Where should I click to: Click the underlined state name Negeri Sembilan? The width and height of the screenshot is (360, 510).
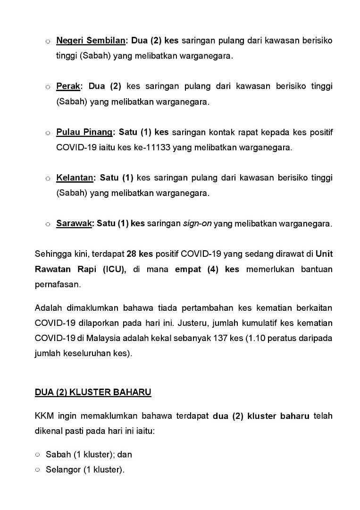pos(91,41)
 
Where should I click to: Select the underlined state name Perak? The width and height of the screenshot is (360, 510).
pos(68,86)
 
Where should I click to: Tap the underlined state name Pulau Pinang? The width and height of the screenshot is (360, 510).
pos(84,132)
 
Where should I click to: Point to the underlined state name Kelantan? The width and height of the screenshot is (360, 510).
pos(75,178)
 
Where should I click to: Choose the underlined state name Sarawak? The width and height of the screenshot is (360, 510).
pos(74,224)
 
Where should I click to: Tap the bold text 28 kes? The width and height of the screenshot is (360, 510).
pos(140,254)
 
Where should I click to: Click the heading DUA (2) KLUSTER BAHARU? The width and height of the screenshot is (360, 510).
pos(93,392)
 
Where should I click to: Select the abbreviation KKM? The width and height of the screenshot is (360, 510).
pos(44,416)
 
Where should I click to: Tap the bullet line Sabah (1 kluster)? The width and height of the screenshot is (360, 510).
pos(89,455)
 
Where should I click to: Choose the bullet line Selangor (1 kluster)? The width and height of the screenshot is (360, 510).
pos(85,470)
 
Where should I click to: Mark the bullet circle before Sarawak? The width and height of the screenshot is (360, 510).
pos(48,224)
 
